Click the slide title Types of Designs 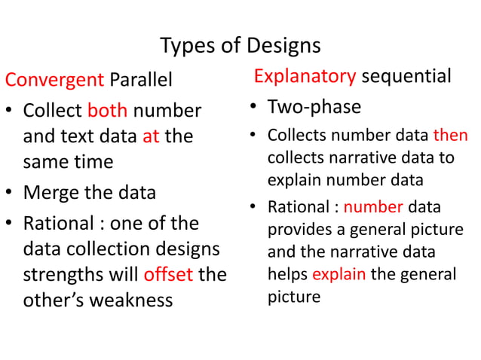240,46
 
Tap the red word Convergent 54,79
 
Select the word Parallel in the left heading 141,79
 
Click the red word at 151,137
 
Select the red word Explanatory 305,77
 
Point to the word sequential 406,77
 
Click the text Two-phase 314,107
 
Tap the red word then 450,136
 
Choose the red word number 373,208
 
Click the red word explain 339,274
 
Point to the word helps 288,274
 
